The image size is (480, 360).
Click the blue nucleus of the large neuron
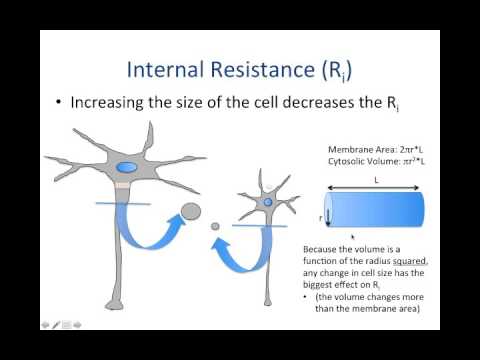pyautogui.click(x=127, y=168)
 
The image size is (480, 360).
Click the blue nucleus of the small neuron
pyautogui.click(x=268, y=203)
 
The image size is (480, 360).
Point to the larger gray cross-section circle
pyautogui.click(x=189, y=212)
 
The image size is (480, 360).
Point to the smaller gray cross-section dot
pyautogui.click(x=214, y=227)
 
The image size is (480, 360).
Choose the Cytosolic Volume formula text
pyautogui.click(x=362, y=161)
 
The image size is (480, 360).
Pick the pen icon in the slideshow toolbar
pyautogui.click(x=56, y=324)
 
